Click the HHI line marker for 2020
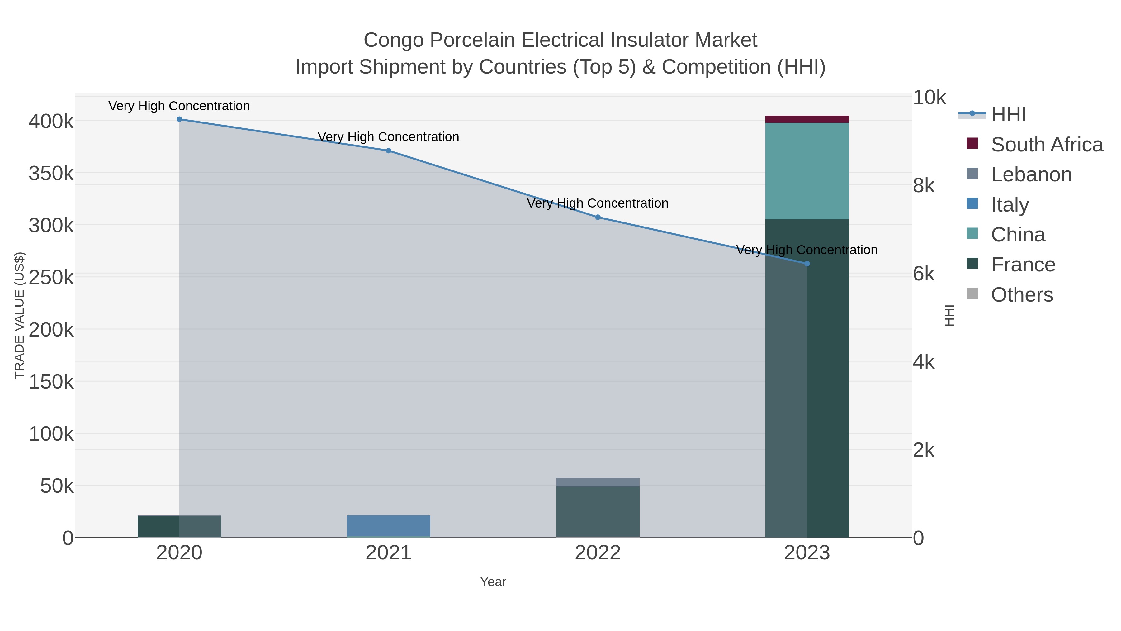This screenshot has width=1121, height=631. [179, 119]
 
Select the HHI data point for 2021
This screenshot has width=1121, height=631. [389, 151]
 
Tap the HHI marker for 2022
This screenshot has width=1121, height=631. [598, 217]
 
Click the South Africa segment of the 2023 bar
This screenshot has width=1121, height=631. [807, 119]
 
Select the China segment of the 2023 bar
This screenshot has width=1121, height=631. [807, 171]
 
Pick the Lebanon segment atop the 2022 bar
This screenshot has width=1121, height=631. [598, 482]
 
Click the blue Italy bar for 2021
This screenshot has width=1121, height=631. [389, 526]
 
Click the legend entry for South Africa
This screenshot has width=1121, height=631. [1046, 145]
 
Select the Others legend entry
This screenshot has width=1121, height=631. [1021, 295]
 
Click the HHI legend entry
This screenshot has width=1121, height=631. [1008, 115]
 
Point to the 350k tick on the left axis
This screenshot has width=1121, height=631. [51, 173]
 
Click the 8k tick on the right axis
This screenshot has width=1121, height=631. [924, 186]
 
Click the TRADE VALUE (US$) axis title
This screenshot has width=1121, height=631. [20, 315]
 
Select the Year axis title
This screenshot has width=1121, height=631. [493, 582]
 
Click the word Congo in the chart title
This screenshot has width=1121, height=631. [393, 40]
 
